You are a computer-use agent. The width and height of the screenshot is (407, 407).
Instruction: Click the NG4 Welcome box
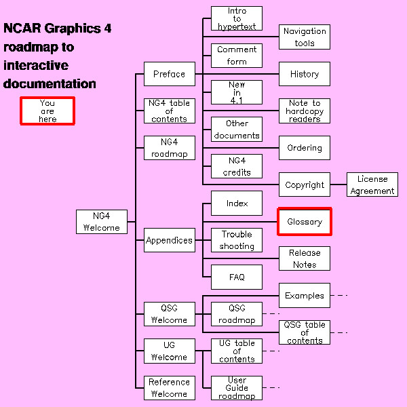coord(102,222)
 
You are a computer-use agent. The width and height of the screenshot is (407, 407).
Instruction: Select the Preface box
coord(169,74)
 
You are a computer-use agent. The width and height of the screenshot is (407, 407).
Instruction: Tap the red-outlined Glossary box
coord(305,222)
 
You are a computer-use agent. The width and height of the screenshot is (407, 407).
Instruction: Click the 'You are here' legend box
coord(47,111)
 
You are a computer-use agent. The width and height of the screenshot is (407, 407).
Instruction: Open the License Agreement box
coord(372,185)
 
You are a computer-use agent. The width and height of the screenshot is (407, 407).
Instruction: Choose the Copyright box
coord(305,185)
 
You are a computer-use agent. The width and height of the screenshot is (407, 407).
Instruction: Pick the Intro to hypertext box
coord(237,18)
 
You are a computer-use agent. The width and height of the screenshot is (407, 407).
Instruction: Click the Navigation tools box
coord(305,37)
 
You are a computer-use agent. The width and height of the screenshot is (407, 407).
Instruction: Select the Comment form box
coord(237,56)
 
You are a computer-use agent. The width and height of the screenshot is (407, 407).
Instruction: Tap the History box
coord(305,74)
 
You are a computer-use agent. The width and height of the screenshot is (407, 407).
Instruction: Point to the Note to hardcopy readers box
coord(305,111)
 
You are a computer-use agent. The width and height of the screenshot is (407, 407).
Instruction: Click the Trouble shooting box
coord(237,240)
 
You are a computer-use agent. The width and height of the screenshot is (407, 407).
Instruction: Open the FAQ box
coord(237,277)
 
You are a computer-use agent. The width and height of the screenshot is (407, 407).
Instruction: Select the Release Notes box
coord(305,258)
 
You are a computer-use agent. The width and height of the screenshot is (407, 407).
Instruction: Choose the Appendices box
coord(169,240)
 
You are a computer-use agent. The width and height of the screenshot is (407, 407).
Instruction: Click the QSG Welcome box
coord(169,314)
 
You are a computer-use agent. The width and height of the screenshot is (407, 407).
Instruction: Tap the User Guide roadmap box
coord(237,388)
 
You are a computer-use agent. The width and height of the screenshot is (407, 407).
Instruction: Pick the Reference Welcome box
coord(169,388)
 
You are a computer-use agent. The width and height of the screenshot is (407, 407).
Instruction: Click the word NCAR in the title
coord(22,28)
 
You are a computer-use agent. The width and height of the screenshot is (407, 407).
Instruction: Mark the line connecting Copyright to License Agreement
coord(338,185)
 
